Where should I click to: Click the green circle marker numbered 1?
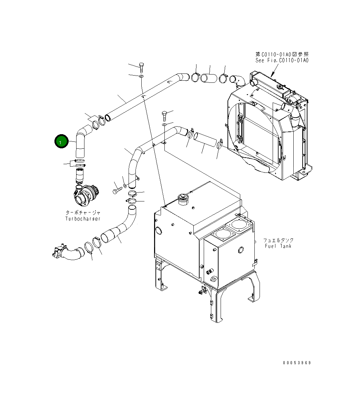(61, 142)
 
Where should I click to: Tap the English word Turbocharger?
(83, 219)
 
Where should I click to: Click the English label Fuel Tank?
(278, 246)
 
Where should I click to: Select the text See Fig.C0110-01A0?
(282, 60)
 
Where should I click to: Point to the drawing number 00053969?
(297, 363)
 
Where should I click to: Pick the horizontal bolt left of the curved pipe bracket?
(117, 190)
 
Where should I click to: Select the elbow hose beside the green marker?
(81, 141)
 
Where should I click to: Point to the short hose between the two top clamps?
(209, 78)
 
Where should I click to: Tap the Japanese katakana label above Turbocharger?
(83, 213)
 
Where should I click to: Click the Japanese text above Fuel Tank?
(278, 240)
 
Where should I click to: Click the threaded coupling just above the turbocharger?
(80, 175)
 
